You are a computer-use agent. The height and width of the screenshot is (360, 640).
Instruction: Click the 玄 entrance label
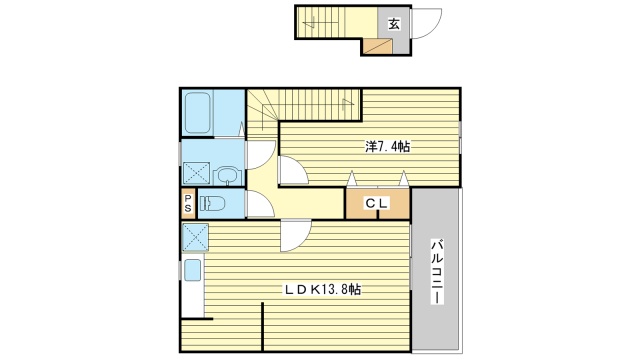tap(393, 24)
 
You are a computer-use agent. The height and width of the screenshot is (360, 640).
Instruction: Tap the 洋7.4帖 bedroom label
tap(387, 146)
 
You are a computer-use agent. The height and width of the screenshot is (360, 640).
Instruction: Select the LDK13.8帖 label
tap(322, 290)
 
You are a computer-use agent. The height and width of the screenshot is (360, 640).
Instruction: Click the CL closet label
tap(377, 203)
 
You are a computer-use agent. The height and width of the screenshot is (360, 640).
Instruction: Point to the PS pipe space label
tap(188, 203)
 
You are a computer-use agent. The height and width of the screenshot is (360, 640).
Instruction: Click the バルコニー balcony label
tap(437, 272)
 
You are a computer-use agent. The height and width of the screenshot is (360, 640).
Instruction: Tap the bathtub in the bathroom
tap(197, 113)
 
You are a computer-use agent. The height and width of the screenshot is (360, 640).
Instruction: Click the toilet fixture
tap(212, 203)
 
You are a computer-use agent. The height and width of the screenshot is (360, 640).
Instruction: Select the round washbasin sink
tap(227, 176)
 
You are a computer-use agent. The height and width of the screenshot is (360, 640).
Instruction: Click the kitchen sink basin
tap(193, 270)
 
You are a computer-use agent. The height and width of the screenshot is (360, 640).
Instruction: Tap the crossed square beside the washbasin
tap(196, 173)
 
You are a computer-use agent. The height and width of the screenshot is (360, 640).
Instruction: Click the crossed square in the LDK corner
tap(195, 237)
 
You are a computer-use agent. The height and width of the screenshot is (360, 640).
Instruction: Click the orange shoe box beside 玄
tap(378, 46)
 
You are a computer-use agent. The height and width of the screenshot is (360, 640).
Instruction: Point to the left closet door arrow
tap(351, 178)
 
